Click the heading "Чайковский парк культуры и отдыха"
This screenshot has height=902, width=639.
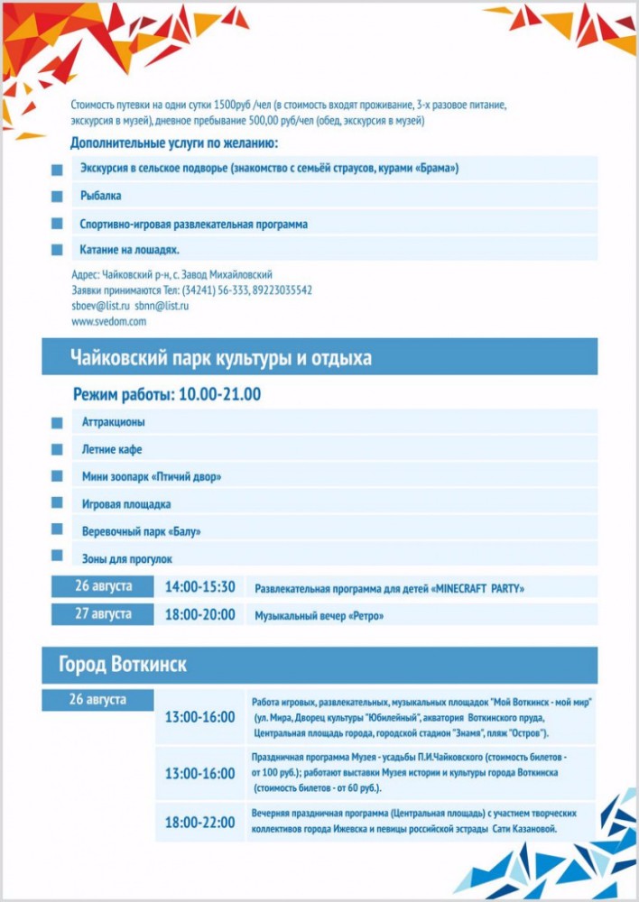coord(221,358)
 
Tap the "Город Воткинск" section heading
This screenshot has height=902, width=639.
coord(123,666)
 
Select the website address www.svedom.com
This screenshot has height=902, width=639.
coord(108,321)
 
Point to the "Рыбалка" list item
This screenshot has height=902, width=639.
coord(101,196)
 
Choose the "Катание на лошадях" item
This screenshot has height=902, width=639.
coord(130,250)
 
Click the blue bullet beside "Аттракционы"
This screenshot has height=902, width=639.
coord(57,422)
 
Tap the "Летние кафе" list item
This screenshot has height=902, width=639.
coord(112,449)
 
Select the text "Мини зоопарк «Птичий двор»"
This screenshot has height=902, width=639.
coord(152,476)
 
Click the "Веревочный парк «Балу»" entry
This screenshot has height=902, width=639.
coord(142,531)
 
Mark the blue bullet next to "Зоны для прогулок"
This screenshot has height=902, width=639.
coord(57,556)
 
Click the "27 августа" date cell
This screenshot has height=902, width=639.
coord(103,613)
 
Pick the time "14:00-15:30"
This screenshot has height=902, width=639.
coord(199,587)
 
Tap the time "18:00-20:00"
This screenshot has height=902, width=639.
coord(199,614)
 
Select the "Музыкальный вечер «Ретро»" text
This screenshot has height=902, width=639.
coord(319,616)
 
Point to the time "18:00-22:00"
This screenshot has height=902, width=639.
coord(199,823)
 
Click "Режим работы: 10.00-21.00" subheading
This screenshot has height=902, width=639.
coord(167,394)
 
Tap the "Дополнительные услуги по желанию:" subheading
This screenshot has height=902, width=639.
coord(174,143)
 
